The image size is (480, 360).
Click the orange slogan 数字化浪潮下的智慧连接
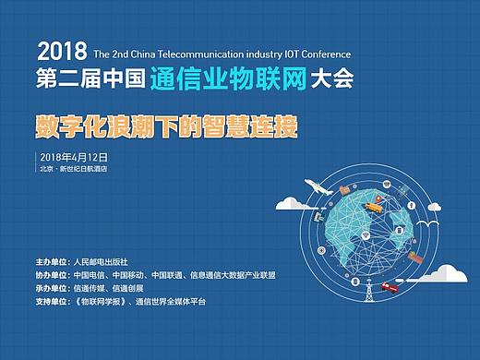[166, 126]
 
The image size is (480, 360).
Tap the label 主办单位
[52, 261]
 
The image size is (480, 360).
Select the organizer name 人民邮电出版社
[101, 261]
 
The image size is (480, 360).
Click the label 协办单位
[52, 274]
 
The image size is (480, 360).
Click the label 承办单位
[52, 287]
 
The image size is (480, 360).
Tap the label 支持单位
[52, 301]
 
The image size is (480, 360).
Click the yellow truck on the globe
[375, 207]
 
